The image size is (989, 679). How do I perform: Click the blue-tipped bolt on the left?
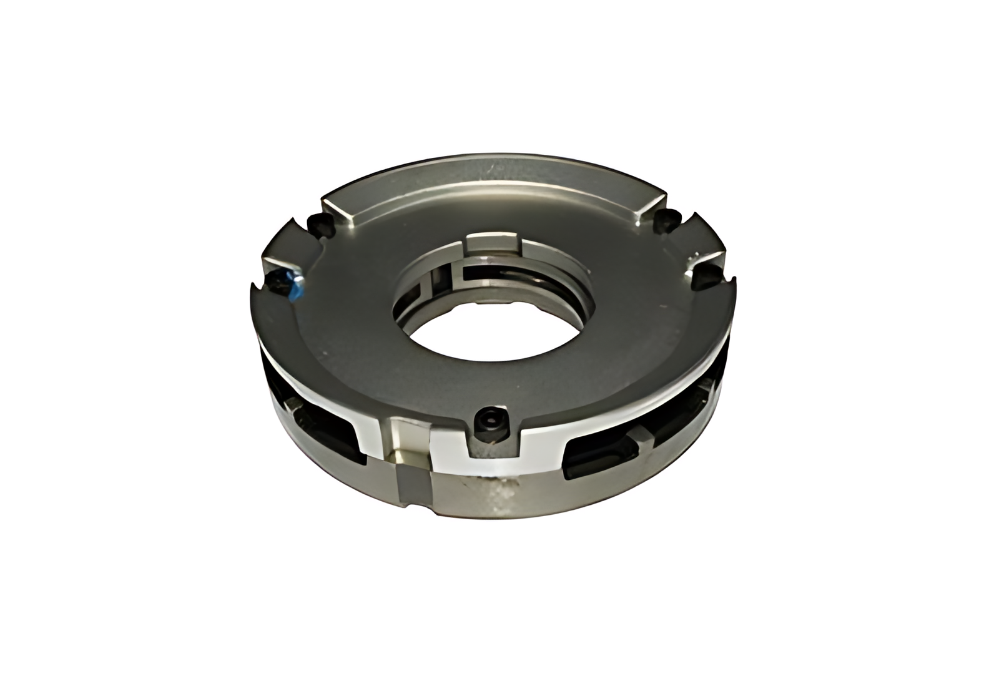coord(288,284)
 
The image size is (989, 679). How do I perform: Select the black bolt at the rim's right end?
coord(666,218)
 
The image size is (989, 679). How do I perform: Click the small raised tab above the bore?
coord(493,242)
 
